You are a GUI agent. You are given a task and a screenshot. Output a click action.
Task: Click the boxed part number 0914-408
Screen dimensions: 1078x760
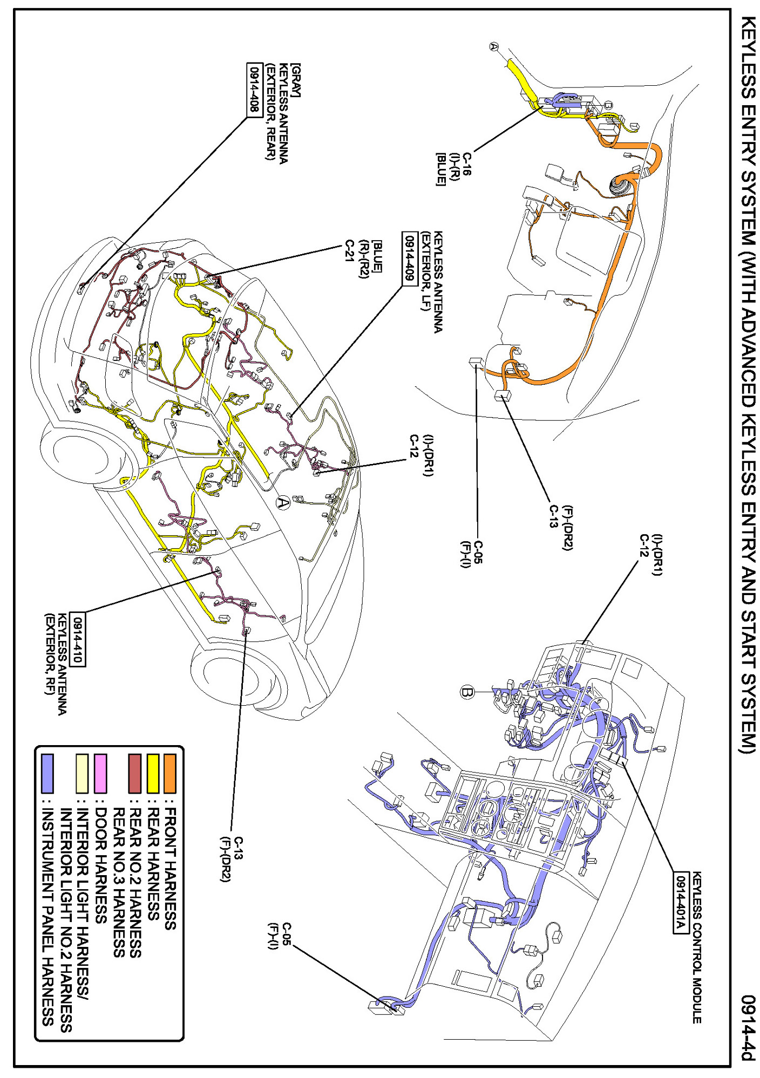pyautogui.click(x=253, y=90)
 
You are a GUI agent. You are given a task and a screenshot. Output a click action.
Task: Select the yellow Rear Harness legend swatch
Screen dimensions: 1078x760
pyautogui.click(x=153, y=774)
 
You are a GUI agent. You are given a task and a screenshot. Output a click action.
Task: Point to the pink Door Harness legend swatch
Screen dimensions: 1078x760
pyautogui.click(x=100, y=774)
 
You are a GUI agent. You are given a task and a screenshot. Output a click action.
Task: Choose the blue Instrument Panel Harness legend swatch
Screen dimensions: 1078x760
pyautogui.click(x=47, y=774)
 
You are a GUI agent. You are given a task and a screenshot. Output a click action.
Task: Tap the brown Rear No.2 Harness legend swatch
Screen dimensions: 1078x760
pyautogui.click(x=135, y=774)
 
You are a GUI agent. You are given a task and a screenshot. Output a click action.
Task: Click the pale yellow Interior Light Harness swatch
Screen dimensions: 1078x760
pyautogui.click(x=83, y=774)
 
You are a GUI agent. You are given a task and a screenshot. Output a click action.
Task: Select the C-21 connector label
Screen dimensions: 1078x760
pyautogui.click(x=349, y=252)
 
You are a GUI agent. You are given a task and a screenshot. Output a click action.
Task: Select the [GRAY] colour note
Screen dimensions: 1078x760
pyautogui.click(x=295, y=80)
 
